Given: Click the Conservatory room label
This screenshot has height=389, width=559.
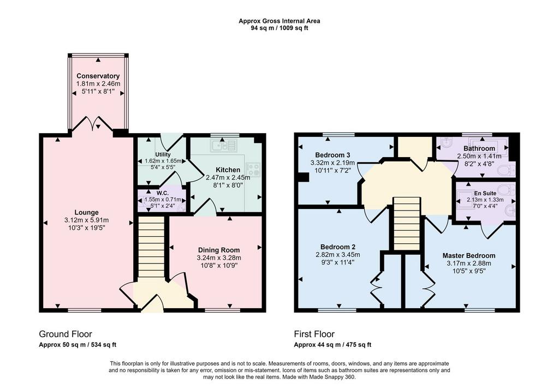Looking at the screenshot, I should click(x=98, y=76).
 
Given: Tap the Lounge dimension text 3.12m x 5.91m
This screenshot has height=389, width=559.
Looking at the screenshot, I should click(x=87, y=220).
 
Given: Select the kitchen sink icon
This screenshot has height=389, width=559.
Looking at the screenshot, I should click(x=225, y=146).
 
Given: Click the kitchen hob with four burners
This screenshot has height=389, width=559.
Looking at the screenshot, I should click(x=252, y=169).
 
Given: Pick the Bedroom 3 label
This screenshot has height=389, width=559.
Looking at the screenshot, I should click(x=332, y=155).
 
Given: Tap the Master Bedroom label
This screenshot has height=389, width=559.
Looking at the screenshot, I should click(x=469, y=255).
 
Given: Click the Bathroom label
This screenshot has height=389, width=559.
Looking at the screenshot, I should click(x=479, y=148).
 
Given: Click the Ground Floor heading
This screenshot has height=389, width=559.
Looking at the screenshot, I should click(x=66, y=334).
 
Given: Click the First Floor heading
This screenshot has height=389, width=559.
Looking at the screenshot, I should click(x=314, y=334).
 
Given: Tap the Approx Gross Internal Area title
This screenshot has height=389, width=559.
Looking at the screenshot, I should click(x=279, y=21).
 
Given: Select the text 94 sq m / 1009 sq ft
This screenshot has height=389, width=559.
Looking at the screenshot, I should click(x=279, y=28).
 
